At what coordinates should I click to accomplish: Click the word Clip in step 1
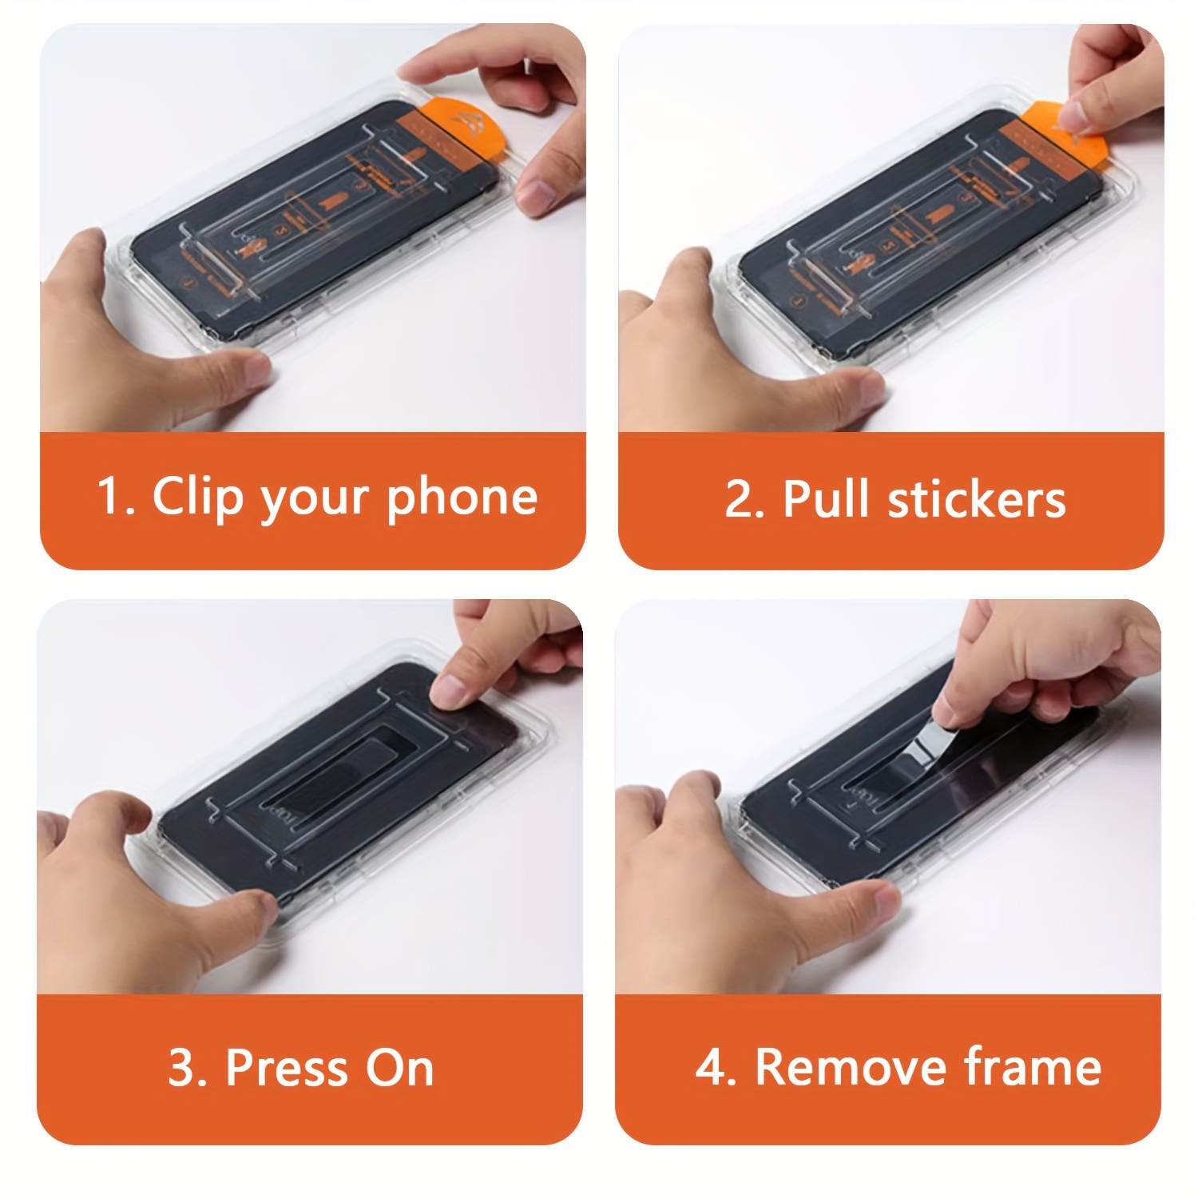(x=197, y=497)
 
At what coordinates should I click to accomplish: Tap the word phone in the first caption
(x=462, y=498)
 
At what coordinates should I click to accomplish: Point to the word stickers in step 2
(x=977, y=500)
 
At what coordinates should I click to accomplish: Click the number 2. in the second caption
(x=744, y=500)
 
